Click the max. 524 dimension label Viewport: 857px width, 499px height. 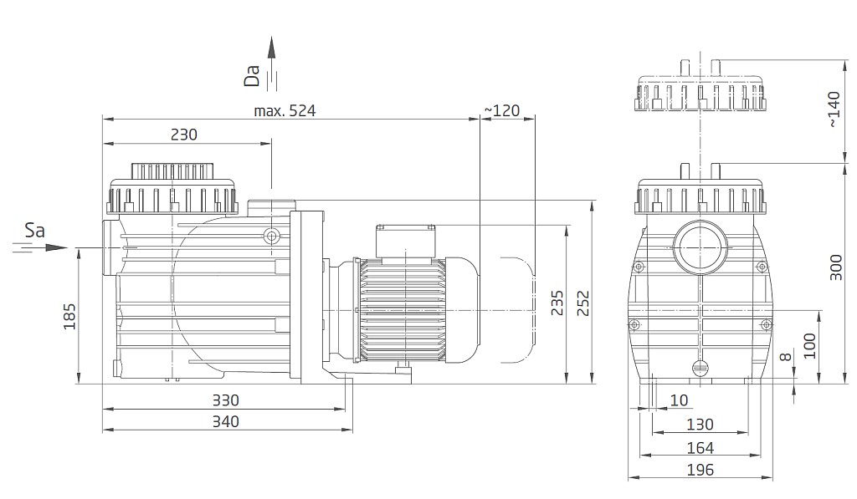click(285, 111)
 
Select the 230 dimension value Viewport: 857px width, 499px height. click(183, 135)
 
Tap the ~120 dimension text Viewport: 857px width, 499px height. click(502, 111)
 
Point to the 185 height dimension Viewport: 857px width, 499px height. click(70, 317)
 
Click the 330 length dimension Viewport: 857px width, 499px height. click(226, 400)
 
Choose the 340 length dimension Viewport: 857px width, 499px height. click(226, 421)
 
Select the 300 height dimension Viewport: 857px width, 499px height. click(836, 267)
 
